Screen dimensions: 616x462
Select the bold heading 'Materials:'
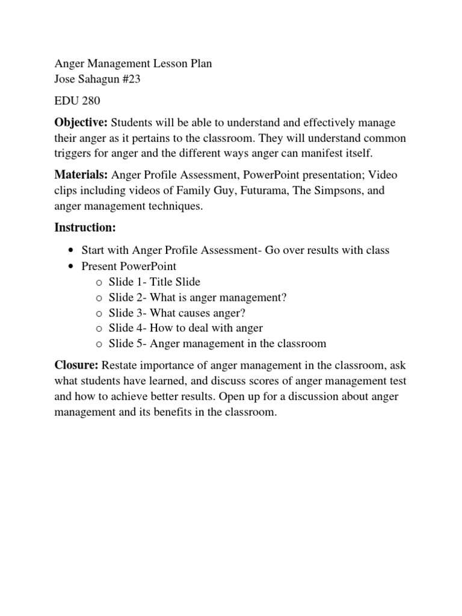tap(81, 174)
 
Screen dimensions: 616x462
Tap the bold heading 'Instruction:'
tap(84, 227)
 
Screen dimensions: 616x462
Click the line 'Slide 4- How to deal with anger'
tap(186, 328)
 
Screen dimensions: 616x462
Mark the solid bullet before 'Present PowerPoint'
tap(72, 266)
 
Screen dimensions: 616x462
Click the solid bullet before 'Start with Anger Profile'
tap(72, 251)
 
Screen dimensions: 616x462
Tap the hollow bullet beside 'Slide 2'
tap(99, 298)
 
